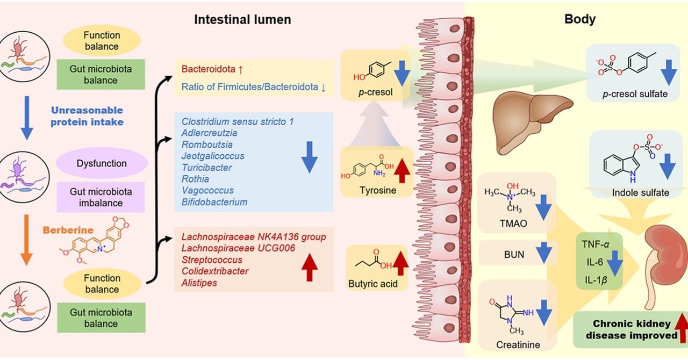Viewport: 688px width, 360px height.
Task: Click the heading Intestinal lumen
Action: click(x=242, y=20)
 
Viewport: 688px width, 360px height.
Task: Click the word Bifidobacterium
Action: click(x=214, y=203)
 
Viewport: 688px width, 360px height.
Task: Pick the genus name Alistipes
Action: click(x=199, y=282)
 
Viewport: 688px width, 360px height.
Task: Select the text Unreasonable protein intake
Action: click(x=87, y=116)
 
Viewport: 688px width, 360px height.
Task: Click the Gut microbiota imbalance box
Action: click(x=101, y=197)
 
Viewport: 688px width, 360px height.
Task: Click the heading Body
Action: click(x=580, y=20)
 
